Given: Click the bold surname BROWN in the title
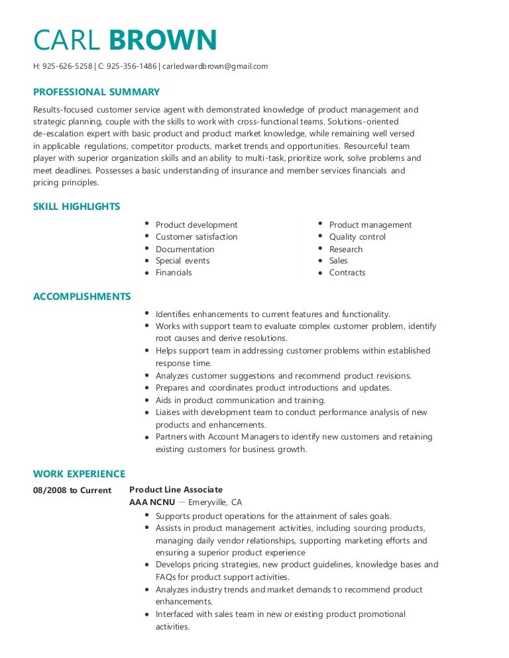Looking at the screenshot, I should tap(163, 40).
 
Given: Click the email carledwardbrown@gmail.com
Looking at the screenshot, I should tap(214, 66).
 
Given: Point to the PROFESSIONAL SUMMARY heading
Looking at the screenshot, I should tap(96, 92).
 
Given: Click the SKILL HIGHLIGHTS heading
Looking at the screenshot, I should tap(76, 207).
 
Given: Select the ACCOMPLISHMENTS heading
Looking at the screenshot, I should tap(82, 297).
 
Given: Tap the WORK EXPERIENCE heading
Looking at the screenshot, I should tap(79, 474).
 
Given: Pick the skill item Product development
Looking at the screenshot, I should tap(196, 225).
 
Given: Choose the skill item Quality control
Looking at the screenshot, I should tap(357, 237).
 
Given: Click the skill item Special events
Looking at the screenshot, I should tap(182, 261).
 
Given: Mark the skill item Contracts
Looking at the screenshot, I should tap(347, 273).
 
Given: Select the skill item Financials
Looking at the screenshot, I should tap(174, 273).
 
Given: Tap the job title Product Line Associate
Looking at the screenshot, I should tap(176, 490).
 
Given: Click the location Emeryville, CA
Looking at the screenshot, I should tap(215, 502).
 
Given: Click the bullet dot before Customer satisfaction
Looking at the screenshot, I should tap(146, 237).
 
